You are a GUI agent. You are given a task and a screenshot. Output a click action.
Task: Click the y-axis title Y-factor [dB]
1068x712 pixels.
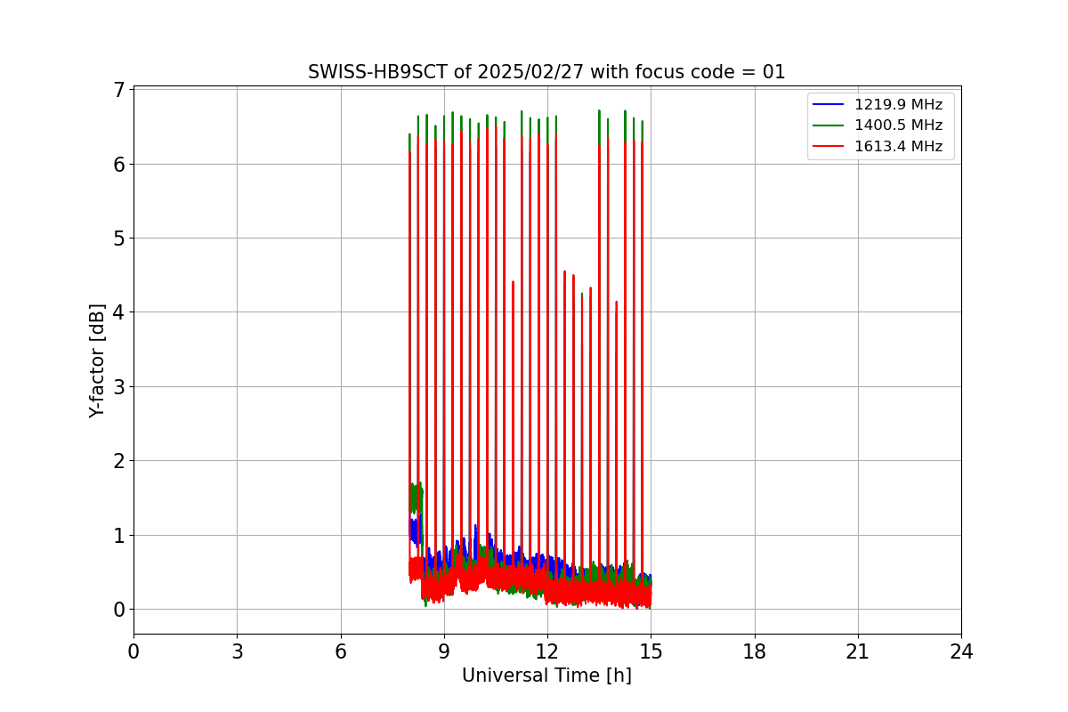coord(97,360)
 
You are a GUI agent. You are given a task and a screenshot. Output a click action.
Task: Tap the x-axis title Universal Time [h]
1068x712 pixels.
coord(546,676)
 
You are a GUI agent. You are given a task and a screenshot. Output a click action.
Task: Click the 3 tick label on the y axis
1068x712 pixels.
coord(118,386)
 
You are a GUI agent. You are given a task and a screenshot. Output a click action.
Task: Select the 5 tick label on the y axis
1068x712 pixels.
coord(118,239)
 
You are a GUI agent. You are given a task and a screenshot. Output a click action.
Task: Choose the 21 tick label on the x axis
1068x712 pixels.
coord(857,652)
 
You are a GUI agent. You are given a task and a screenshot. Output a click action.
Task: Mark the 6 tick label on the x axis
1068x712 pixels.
coord(340,652)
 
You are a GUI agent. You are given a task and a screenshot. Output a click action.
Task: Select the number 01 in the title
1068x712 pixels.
coord(773,72)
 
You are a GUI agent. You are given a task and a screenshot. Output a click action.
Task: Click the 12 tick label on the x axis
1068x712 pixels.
coord(546,652)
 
